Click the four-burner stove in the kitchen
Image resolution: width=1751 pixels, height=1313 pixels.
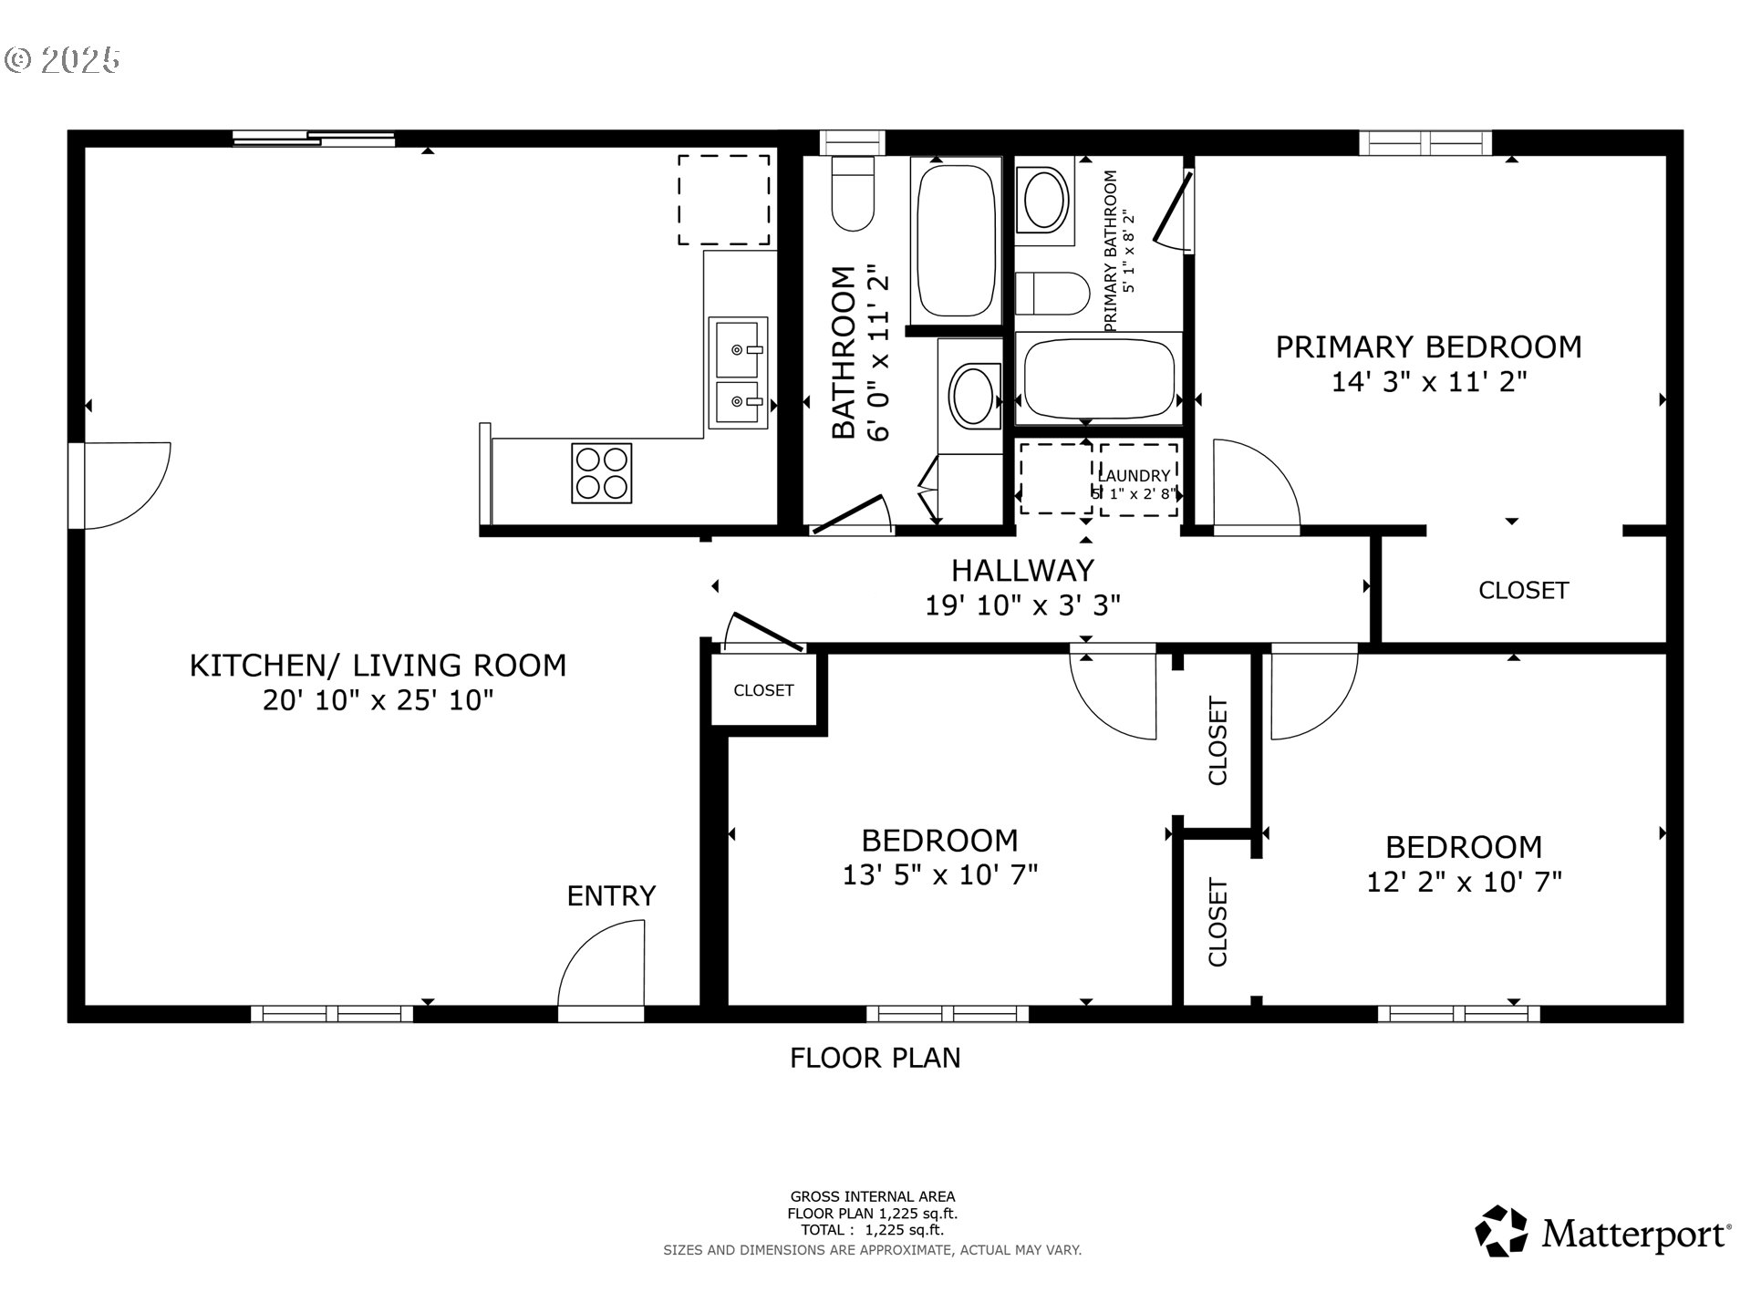point(601,472)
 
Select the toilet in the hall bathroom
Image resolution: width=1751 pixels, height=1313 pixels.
point(854,194)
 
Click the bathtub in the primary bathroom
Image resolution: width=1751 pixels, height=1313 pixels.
point(1098,377)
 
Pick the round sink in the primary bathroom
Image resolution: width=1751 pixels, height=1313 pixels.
point(1045,198)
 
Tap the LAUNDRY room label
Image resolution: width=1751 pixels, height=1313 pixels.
point(1134,475)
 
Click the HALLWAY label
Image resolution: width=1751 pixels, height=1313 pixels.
point(1022,571)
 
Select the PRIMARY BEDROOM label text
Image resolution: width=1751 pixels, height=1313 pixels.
point(1428,347)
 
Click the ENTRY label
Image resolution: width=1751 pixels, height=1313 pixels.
point(611,896)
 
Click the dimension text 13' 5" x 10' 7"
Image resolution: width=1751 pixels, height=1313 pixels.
point(940,875)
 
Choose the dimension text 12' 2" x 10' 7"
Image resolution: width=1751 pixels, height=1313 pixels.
point(1464,883)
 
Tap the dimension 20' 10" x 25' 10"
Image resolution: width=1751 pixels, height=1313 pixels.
point(378,700)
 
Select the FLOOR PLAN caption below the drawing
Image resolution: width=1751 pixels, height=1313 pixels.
point(875,1058)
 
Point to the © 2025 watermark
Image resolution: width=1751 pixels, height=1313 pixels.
point(62,60)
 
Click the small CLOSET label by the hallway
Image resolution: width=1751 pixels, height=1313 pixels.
point(763,690)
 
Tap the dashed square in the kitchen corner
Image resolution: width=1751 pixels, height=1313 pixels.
point(724,200)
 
